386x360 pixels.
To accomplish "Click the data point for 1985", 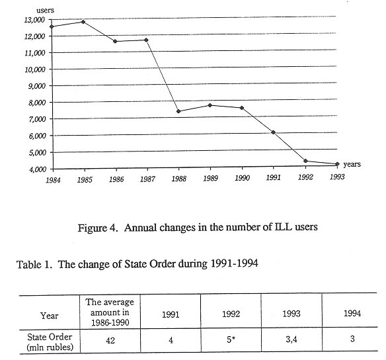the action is [x=83, y=22].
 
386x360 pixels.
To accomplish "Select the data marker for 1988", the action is [x=178, y=111].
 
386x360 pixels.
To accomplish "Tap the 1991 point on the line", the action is [x=273, y=132].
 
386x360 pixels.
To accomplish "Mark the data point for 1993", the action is [x=337, y=164].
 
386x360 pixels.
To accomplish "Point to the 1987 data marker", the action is [x=146, y=40].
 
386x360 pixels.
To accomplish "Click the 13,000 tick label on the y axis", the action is [x=34, y=20].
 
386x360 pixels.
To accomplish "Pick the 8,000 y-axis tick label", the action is [x=37, y=103].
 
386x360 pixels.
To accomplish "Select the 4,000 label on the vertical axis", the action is [x=38, y=169].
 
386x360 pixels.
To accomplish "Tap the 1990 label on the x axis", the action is [x=242, y=178].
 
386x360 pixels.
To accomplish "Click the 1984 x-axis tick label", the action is [x=53, y=180].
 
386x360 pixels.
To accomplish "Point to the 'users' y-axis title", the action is [x=45, y=11].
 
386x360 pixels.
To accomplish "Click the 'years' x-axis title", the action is [x=352, y=164].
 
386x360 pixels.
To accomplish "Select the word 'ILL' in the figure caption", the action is [x=283, y=227].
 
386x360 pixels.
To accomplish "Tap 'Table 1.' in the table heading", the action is [x=34, y=265].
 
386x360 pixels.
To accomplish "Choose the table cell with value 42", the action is [x=110, y=340].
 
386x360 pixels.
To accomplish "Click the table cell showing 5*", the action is [x=231, y=339].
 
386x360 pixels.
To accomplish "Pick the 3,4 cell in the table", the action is [x=291, y=339].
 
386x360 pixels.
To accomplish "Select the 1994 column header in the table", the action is [x=352, y=313].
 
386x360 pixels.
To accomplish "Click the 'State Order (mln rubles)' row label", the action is [x=50, y=342].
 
